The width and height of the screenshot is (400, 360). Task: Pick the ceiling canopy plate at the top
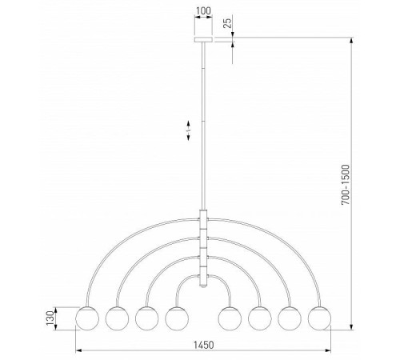pos(203,37)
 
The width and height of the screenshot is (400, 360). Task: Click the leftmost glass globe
pos(86,318)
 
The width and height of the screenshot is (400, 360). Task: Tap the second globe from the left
pos(117,318)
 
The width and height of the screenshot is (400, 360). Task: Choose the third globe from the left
pos(146,318)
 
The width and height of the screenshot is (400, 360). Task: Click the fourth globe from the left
pos(176,318)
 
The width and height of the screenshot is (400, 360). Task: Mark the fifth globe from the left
pos(230,318)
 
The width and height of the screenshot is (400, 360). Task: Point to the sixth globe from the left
pos(260,318)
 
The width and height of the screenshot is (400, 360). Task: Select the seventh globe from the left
pos(290,318)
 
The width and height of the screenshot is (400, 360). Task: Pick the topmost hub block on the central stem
pos(203,218)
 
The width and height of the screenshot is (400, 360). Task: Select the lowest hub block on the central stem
pos(203,277)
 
